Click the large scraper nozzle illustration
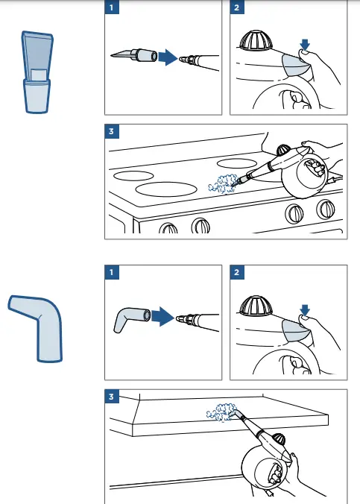coord(37,72)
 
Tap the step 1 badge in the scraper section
coord(112,7)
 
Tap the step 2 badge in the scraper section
coord(237,7)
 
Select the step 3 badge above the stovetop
coord(112,131)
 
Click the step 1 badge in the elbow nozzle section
coord(112,272)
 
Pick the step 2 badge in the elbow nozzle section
coord(237,272)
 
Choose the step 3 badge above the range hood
coord(112,397)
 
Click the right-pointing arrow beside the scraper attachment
coord(168,57)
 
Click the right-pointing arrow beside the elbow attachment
coord(162,317)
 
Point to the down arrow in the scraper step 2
coord(305,45)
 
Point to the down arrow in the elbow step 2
coord(305,310)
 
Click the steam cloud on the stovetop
coord(222,184)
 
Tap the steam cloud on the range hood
coord(221,412)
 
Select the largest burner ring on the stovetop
coord(166,189)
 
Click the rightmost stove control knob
coord(326,209)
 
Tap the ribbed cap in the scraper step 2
coord(256,40)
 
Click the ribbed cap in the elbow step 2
coord(256,306)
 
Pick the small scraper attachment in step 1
coord(134,55)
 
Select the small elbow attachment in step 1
coord(131,319)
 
